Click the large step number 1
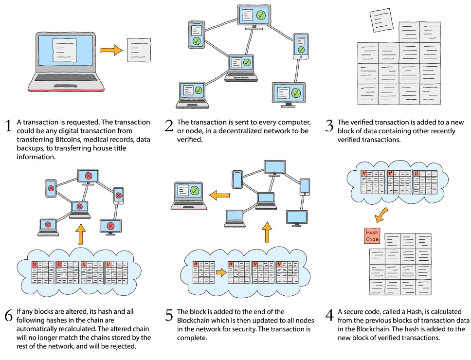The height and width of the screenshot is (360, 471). pos(8,126)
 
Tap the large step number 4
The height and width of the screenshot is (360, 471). pos(329,315)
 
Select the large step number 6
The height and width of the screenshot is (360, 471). pos(9,315)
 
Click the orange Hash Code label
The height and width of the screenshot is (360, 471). pos(372,235)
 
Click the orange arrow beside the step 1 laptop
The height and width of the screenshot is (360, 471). pos(111,50)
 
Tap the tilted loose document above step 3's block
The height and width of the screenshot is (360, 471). pos(381,20)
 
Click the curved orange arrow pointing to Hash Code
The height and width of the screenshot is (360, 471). pos(381,215)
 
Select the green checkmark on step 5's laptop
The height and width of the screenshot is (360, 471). pos(195,190)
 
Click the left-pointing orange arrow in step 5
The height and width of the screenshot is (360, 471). pos(219,196)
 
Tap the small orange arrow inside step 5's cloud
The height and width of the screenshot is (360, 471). pos(221,272)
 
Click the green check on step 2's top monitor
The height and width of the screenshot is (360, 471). pos(261,15)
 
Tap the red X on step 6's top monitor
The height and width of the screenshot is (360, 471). pos(89,176)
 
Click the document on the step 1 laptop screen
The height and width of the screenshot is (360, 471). pos(65,50)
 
